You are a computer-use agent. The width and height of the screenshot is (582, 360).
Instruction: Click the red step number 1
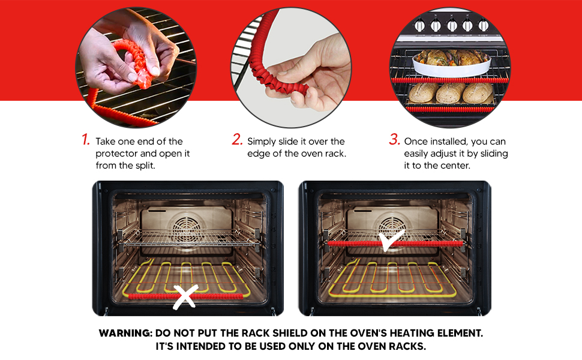pyautogui.click(x=86, y=140)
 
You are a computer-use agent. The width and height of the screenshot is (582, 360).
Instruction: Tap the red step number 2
pyautogui.click(x=238, y=140)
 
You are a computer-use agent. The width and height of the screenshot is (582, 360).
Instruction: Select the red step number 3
pyautogui.click(x=394, y=140)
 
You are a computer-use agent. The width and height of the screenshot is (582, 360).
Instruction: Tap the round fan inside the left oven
pyautogui.click(x=187, y=227)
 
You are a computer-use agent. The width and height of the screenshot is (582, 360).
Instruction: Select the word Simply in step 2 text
pyautogui.click(x=262, y=142)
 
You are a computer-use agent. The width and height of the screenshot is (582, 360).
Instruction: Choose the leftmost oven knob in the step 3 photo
pyautogui.click(x=420, y=26)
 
